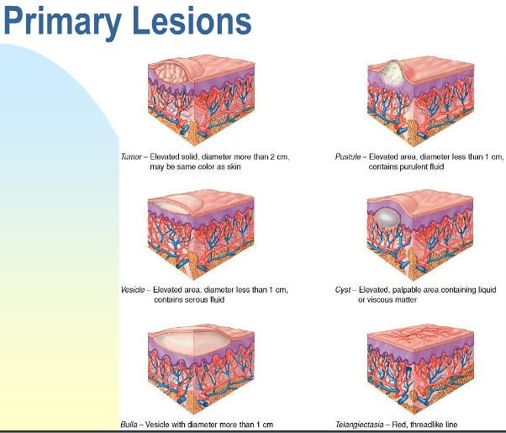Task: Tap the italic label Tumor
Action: click(132, 156)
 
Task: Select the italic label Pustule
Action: click(348, 156)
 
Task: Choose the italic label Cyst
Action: click(343, 289)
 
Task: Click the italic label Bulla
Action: click(129, 424)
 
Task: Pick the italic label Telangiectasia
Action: click(359, 424)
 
